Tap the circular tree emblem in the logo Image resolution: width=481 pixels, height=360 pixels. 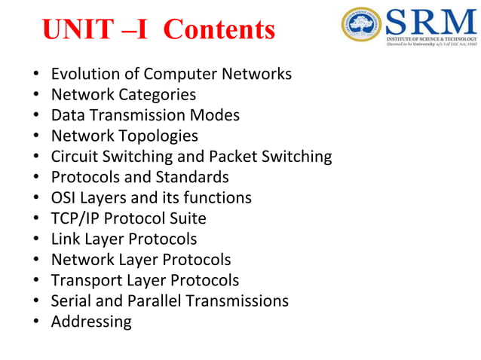[361, 26]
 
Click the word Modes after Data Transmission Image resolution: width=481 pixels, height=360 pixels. [215, 115]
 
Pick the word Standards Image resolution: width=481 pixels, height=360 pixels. [191, 178]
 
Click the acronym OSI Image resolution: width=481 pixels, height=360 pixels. [64, 198]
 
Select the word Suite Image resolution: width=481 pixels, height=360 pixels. [187, 218]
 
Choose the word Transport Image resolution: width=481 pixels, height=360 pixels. [85, 280]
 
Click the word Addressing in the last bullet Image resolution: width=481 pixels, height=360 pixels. [91, 322]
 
